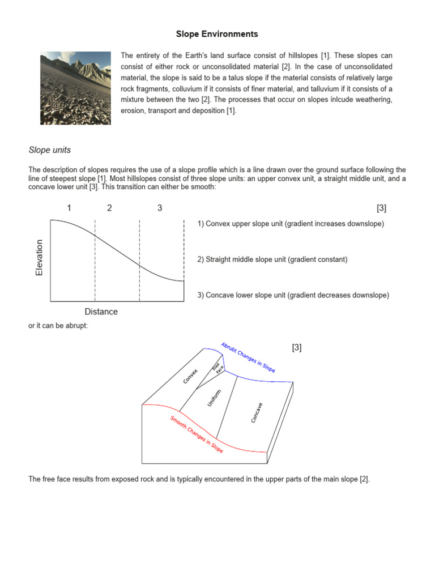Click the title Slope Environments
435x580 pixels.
[217, 34]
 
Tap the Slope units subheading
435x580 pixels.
[50, 150]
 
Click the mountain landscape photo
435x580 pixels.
[75, 88]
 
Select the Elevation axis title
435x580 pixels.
[39, 258]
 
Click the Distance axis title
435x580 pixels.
[101, 312]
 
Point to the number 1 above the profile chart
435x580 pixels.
[69, 208]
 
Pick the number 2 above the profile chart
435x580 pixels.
[109, 208]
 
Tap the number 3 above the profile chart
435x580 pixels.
[160, 208]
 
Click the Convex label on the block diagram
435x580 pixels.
[190, 376]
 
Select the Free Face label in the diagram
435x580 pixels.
[218, 367]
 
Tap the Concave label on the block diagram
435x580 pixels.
[257, 412]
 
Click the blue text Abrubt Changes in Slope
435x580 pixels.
[248, 357]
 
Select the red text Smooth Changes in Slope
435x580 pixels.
[197, 434]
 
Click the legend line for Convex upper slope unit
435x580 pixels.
[291, 224]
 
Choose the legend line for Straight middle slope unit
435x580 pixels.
[272, 259]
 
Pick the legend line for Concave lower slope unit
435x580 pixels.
[293, 295]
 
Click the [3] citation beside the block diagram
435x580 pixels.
[297, 348]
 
